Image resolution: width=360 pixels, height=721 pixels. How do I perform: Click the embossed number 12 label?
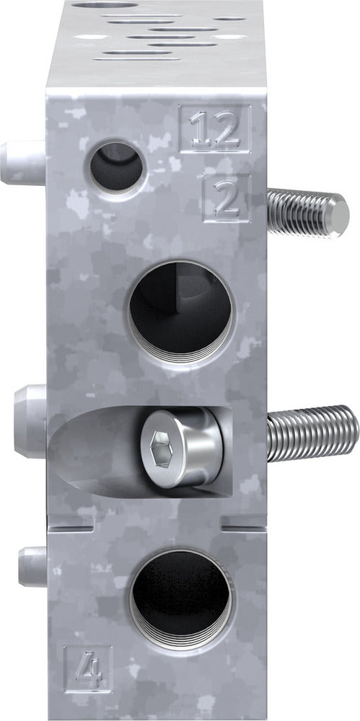point(214,130)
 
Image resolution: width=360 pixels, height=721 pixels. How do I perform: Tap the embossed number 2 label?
point(227,198)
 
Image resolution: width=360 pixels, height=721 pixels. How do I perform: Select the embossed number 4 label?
point(88,668)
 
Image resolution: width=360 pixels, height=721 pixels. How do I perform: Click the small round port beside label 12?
point(117,167)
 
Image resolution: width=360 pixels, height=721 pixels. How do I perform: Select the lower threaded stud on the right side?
point(310,434)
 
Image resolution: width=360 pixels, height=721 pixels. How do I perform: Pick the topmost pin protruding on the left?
point(22,162)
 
